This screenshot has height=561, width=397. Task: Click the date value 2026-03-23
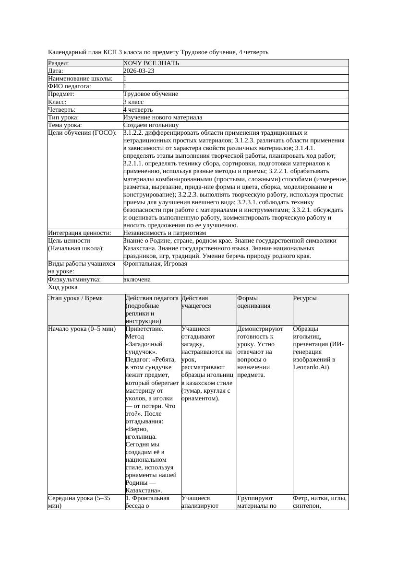click(139, 70)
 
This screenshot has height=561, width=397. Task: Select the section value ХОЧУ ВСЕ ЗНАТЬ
click(151, 63)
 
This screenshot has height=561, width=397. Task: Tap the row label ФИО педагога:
click(70, 86)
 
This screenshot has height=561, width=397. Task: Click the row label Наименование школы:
click(80, 78)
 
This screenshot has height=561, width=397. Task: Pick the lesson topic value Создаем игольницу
click(151, 125)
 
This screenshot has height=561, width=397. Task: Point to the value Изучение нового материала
click(163, 117)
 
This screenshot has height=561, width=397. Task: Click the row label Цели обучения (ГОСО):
click(82, 133)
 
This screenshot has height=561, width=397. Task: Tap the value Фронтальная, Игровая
click(155, 264)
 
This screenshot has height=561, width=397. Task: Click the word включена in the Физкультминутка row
click(137, 279)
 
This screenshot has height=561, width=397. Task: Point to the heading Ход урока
click(63, 287)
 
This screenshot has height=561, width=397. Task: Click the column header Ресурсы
click(305, 298)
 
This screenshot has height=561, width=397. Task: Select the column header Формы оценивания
click(254, 302)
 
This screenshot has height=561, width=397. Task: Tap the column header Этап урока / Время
click(75, 298)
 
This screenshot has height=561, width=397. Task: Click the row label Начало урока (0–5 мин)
click(82, 329)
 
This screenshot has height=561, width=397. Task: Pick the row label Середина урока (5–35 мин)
click(79, 502)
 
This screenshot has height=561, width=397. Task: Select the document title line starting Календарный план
click(158, 52)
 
